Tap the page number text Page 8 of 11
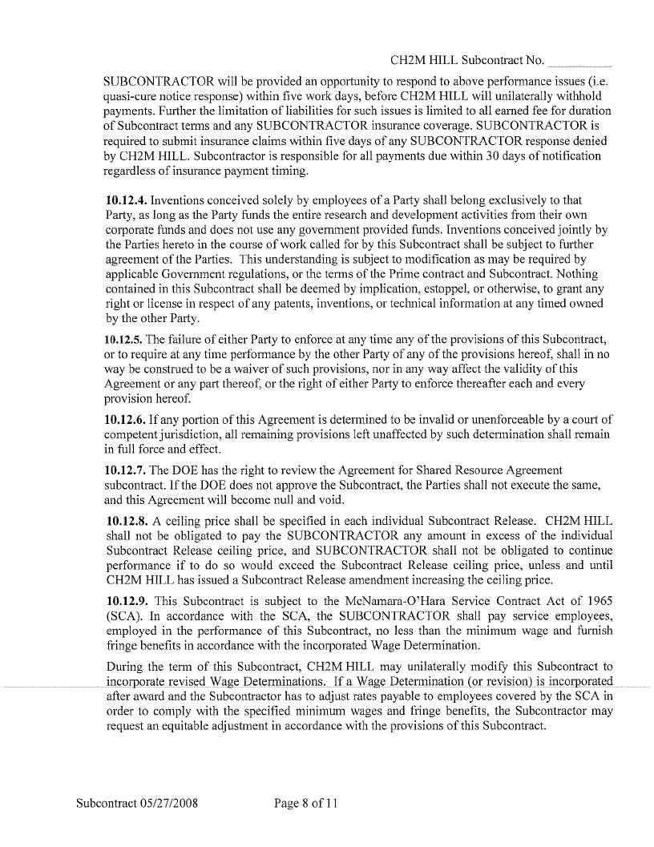click(x=306, y=803)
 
